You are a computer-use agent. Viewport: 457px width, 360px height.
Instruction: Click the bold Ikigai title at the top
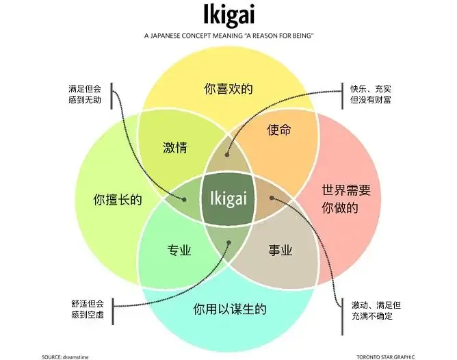pos(228,14)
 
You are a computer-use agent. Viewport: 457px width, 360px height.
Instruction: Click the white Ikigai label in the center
pos(228,198)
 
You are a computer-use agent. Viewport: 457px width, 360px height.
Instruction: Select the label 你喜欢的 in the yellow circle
pos(228,88)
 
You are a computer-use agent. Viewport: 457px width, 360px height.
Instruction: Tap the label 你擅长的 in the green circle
pos(118,200)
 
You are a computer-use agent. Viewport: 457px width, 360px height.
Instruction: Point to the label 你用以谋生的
pos(229,309)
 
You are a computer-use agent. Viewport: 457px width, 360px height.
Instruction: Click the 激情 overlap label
pos(175,147)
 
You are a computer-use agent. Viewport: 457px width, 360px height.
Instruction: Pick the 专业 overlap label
pos(179,250)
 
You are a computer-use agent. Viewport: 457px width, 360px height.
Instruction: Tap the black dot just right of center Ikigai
pos(272,198)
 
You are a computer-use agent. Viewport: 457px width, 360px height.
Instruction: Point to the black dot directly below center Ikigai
pos(228,242)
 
